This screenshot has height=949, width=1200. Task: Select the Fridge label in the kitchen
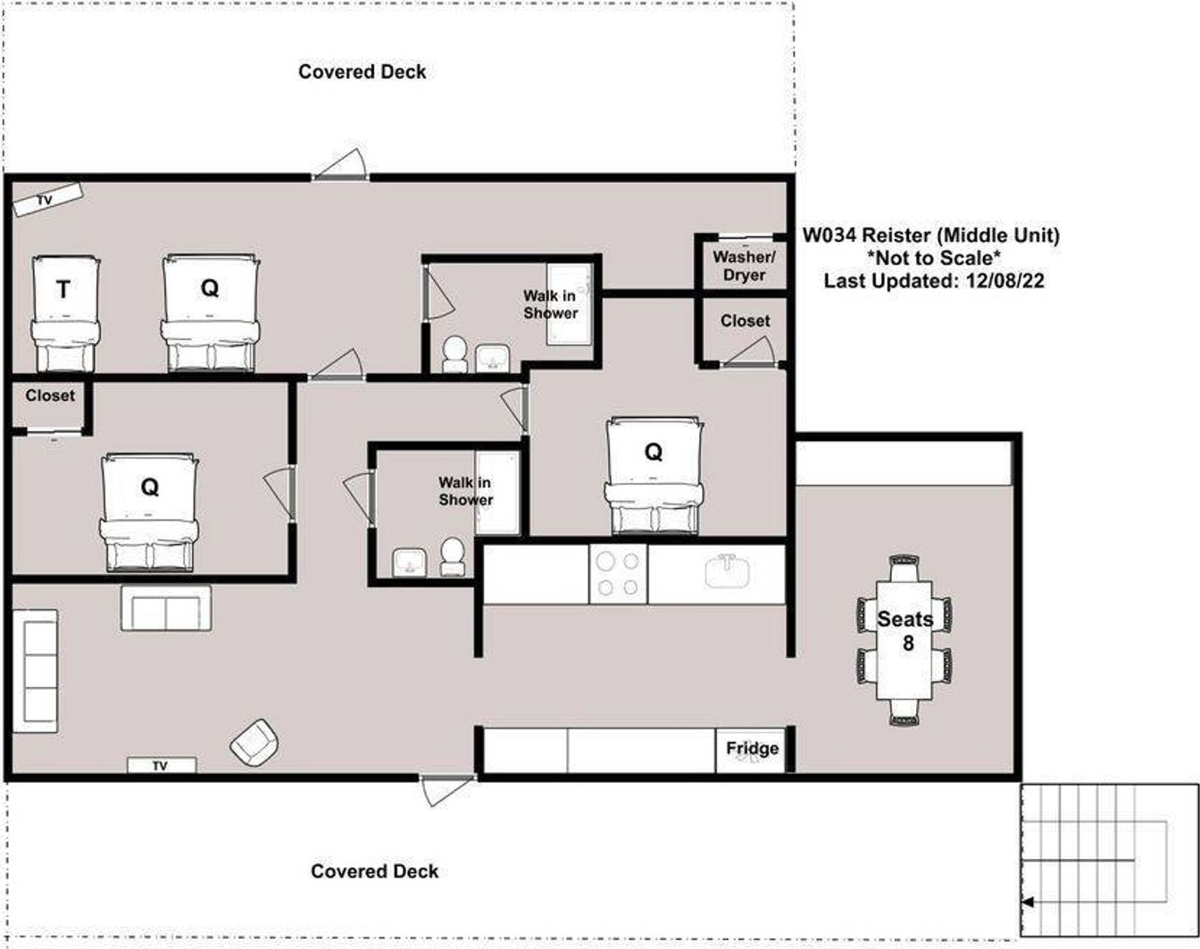[x=752, y=748]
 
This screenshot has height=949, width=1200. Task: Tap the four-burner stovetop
[x=619, y=574]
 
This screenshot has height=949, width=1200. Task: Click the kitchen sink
[x=727, y=571]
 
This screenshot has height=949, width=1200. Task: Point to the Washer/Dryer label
[x=744, y=266]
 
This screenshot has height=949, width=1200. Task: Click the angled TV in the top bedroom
[x=48, y=198]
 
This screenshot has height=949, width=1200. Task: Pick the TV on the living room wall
[x=162, y=765]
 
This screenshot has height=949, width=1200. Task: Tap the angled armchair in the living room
[x=254, y=742]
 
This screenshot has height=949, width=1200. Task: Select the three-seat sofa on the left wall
[x=35, y=670]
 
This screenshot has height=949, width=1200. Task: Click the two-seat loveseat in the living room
[x=166, y=608]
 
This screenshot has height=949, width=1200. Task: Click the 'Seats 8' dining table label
[x=905, y=630]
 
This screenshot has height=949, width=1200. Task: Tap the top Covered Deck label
[x=362, y=71]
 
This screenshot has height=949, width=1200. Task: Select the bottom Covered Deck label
[x=375, y=871]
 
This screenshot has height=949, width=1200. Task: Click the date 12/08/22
[x=1005, y=280]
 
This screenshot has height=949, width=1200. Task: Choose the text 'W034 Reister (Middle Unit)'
[x=930, y=235]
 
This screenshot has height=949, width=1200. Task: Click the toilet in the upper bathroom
[x=455, y=354]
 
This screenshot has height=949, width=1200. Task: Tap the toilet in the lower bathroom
[x=452, y=556]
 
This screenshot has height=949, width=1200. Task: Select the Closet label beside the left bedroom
[x=50, y=395]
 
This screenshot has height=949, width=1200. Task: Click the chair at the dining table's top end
[x=904, y=568]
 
